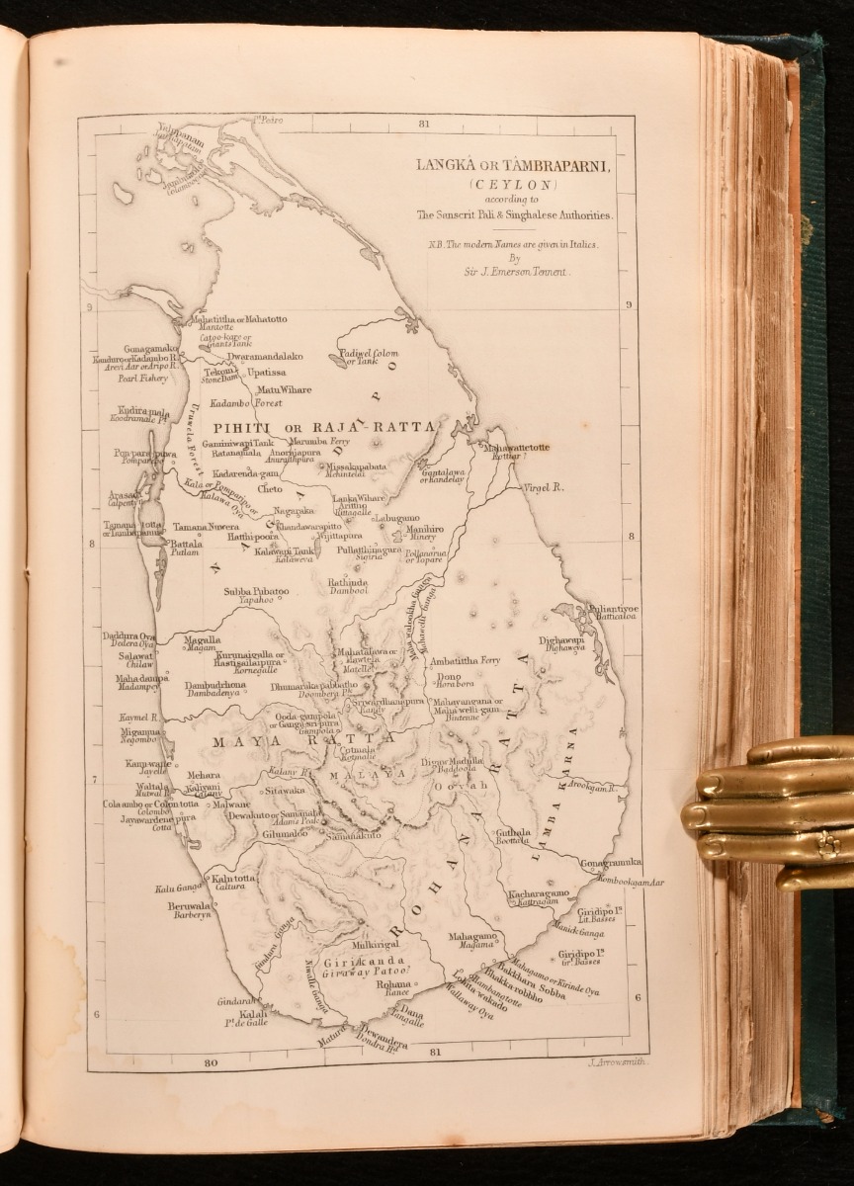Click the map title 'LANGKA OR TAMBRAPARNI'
tap(515, 165)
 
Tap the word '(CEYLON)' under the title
tap(514, 184)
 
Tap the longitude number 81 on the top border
tap(423, 124)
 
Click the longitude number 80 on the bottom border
tap(210, 1064)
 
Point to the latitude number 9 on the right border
tap(628, 305)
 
